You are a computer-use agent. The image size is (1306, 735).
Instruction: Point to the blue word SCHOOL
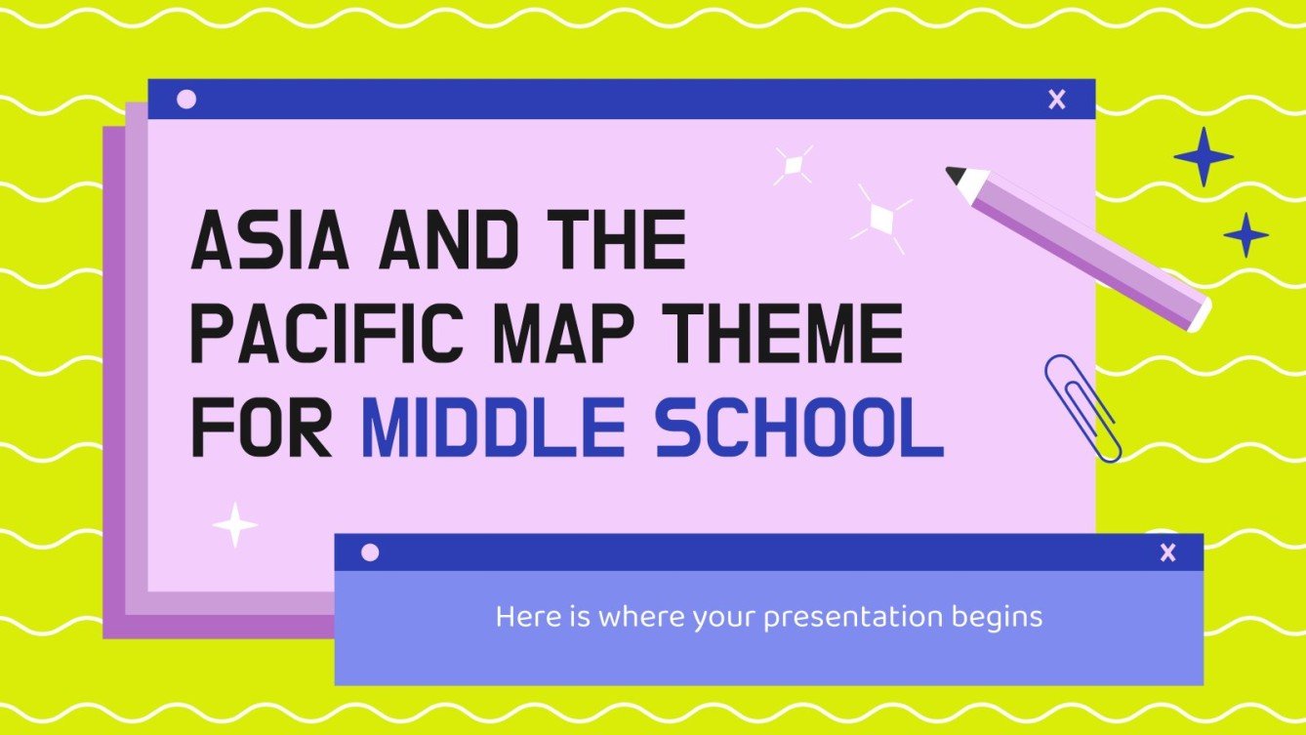tap(799, 428)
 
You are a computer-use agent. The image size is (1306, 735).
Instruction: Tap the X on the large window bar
tap(1056, 99)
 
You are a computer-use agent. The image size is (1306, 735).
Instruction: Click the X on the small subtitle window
tap(1167, 552)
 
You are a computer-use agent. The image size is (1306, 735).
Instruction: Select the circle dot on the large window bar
tap(187, 99)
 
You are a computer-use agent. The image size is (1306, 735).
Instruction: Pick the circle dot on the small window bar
tap(370, 552)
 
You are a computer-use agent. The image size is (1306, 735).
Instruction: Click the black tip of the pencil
tap(955, 175)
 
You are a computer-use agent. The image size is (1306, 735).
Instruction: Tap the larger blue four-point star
tap(1203, 157)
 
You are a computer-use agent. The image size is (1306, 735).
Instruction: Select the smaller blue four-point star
tap(1245, 235)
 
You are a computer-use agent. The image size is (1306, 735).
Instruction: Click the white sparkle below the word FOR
tap(235, 525)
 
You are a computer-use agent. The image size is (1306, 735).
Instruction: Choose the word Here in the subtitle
tap(518, 617)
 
